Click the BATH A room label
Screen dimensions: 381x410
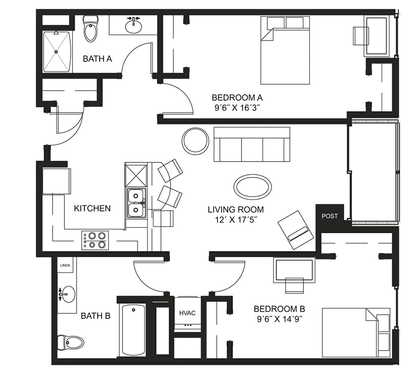tap(97, 59)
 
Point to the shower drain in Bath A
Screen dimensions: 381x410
tap(56, 51)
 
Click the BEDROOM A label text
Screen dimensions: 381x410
tap(237, 98)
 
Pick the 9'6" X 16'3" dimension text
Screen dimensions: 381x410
tap(237, 107)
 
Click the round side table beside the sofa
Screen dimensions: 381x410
tap(195, 141)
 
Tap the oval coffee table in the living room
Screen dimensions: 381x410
tap(253, 187)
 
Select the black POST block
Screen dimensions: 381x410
tap(329, 216)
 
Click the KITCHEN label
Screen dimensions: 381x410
tap(92, 208)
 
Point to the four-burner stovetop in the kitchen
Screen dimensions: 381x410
tap(95, 240)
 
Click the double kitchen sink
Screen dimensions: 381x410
tap(137, 203)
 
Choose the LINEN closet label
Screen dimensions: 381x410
tap(65, 265)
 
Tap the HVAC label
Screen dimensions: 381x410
tap(187, 313)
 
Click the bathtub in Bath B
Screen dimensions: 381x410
tap(133, 330)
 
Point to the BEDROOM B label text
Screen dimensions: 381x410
tap(279, 309)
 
